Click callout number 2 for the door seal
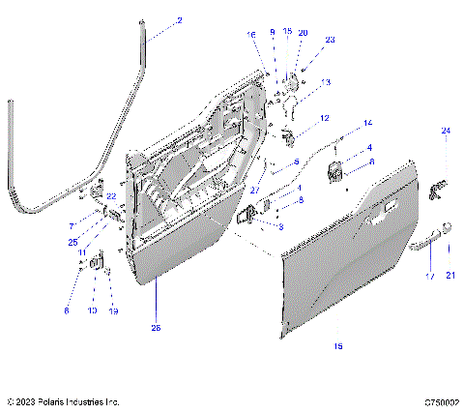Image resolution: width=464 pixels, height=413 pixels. click(x=178, y=19)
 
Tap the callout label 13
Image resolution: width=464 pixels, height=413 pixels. click(x=326, y=82)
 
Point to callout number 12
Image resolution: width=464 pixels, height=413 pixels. click(x=324, y=118)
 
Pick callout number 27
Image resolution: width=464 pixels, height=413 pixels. click(x=254, y=191)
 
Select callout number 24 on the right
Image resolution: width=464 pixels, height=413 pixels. click(x=446, y=130)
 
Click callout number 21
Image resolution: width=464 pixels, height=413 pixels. click(x=449, y=275)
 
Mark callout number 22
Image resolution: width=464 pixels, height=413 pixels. click(x=111, y=196)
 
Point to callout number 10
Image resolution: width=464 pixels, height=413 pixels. click(x=93, y=310)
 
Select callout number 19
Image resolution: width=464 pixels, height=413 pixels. click(x=113, y=310)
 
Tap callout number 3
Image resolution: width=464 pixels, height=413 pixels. click(x=280, y=227)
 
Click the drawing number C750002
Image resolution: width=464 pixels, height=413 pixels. click(x=439, y=400)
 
